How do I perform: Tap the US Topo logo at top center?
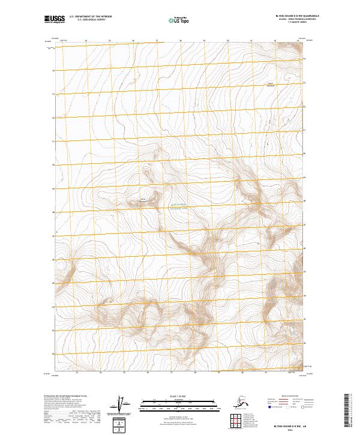pos(179,20)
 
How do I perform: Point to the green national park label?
pos(181,205)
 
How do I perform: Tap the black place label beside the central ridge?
pos(143,199)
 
